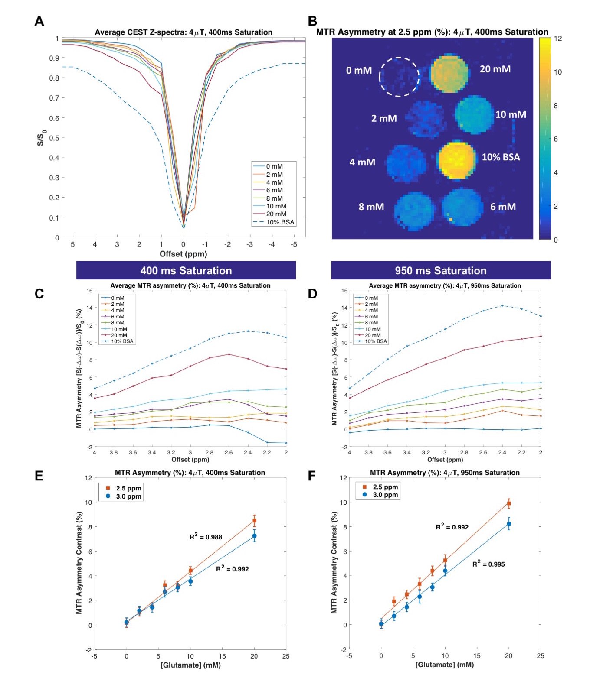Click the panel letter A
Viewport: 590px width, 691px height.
(39, 21)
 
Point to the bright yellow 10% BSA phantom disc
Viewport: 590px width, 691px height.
(455, 159)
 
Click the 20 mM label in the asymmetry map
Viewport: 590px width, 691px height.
(495, 69)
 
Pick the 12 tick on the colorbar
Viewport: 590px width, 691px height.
(558, 39)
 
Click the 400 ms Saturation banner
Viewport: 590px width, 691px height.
(186, 270)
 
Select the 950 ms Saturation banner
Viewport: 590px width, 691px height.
(441, 270)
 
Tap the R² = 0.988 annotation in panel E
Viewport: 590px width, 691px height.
(206, 537)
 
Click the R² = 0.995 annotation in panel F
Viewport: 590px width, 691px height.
(488, 564)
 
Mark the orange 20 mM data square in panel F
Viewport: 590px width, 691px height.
(509, 503)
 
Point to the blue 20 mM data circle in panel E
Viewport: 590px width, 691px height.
(254, 536)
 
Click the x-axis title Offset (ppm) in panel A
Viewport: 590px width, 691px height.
(183, 254)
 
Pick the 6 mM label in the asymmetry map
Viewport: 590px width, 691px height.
(503, 207)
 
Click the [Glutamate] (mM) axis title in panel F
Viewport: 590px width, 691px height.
(444, 665)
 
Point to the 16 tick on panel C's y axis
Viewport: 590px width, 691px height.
(89, 291)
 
